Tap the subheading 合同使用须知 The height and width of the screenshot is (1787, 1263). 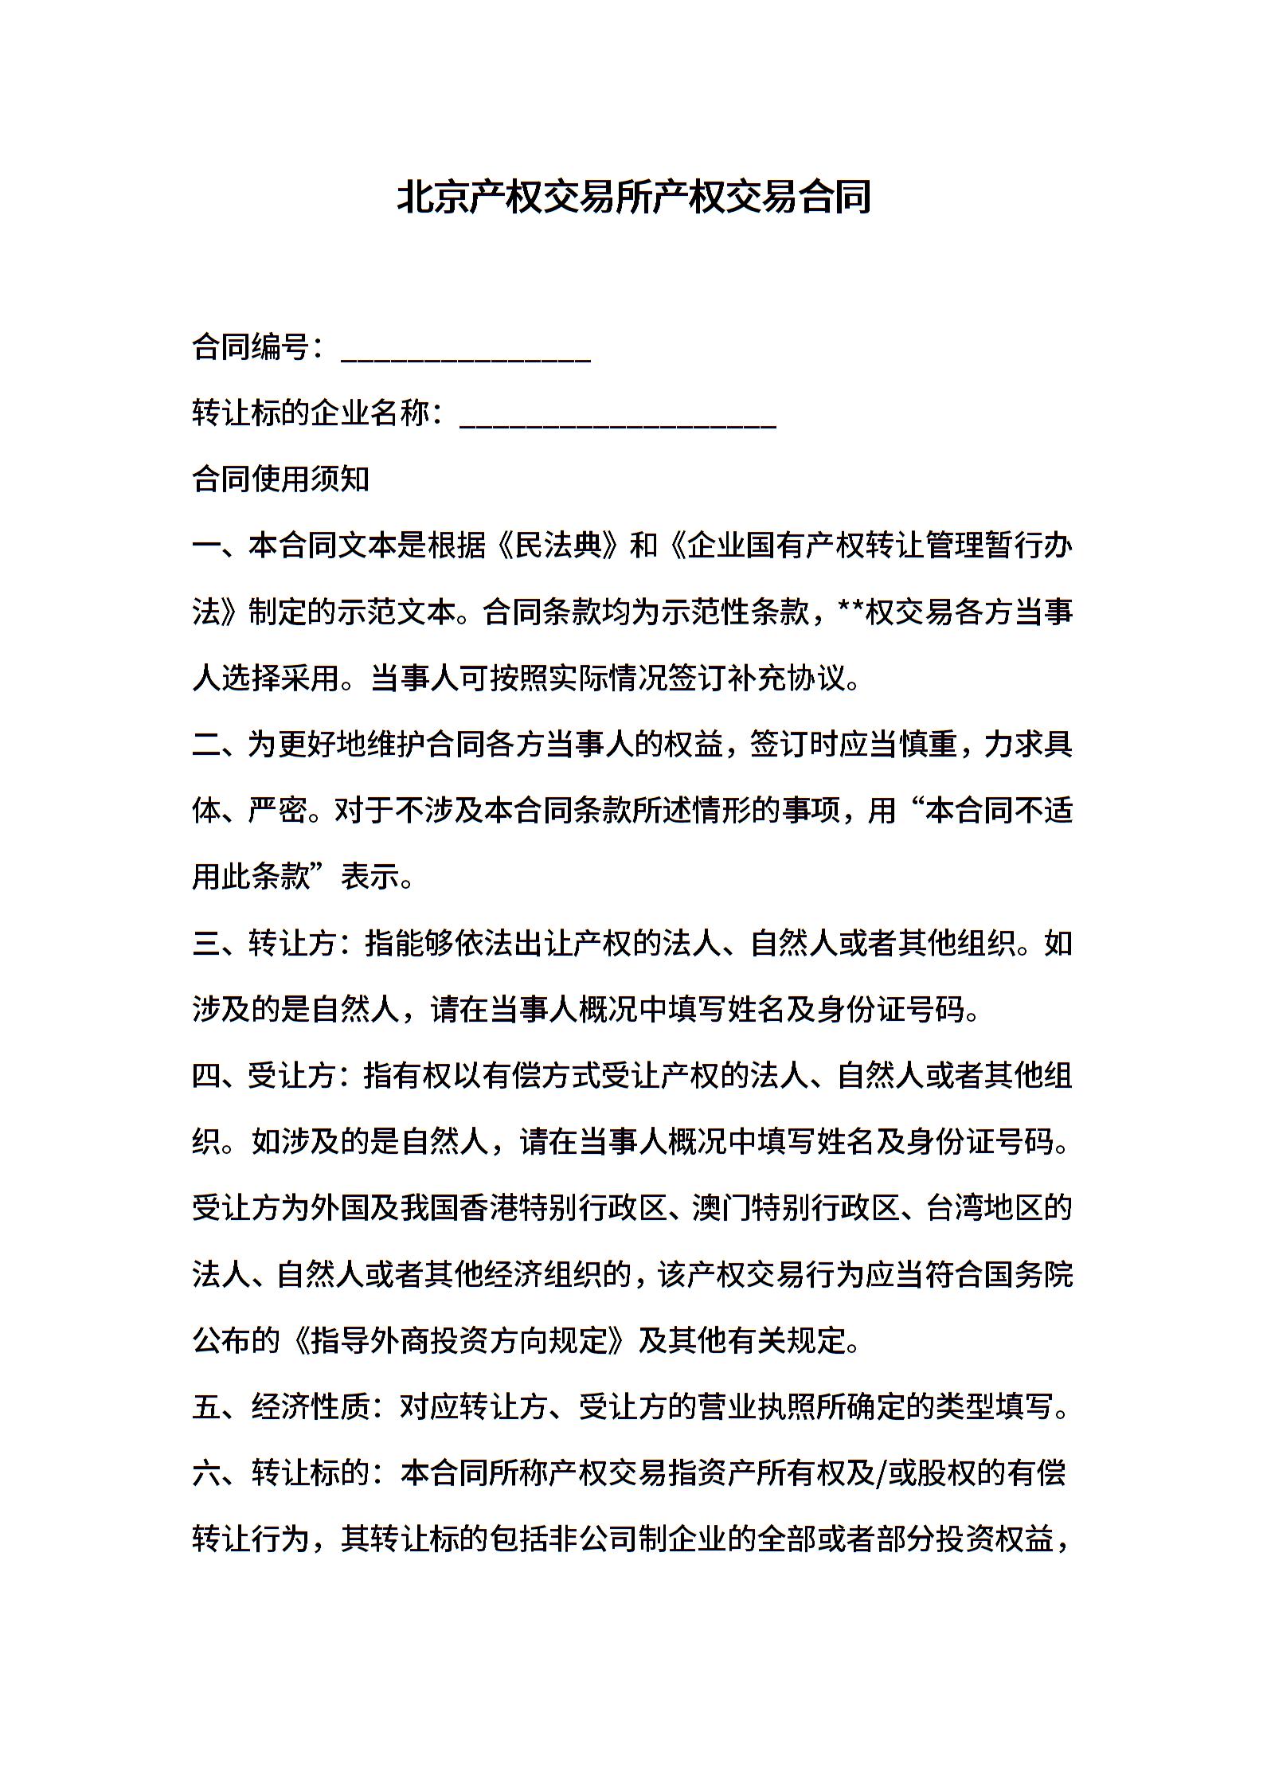pos(281,479)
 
